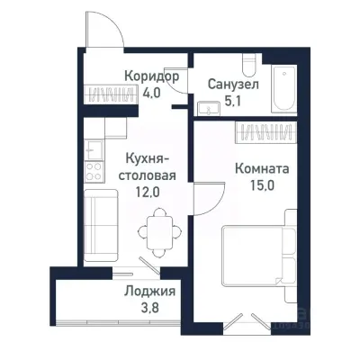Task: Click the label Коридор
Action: (151, 76)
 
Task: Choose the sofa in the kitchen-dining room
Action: (97, 225)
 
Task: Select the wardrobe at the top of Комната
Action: (262, 132)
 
